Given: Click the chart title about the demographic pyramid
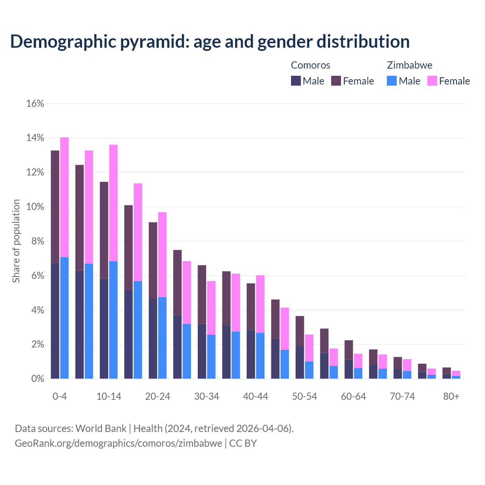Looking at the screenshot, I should tap(210, 42).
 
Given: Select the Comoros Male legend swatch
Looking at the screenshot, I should tap(296, 81).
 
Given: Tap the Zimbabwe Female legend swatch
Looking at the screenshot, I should tap(432, 81).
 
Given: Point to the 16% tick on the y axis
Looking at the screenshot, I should tap(35, 104).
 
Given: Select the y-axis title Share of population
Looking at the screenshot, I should tap(16, 241).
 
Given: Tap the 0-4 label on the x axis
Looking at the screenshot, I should tap(60, 396).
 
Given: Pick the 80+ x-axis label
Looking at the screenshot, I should tap(451, 396).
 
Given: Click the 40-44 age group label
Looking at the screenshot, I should tap(255, 396).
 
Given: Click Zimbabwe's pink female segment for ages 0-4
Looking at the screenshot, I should tap(64, 197).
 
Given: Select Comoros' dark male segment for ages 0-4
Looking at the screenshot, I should tap(55, 321).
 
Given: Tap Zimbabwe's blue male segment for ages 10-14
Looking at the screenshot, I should tap(113, 320).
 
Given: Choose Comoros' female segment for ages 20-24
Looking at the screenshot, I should tap(153, 261).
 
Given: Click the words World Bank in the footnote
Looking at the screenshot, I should tap(101, 429).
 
